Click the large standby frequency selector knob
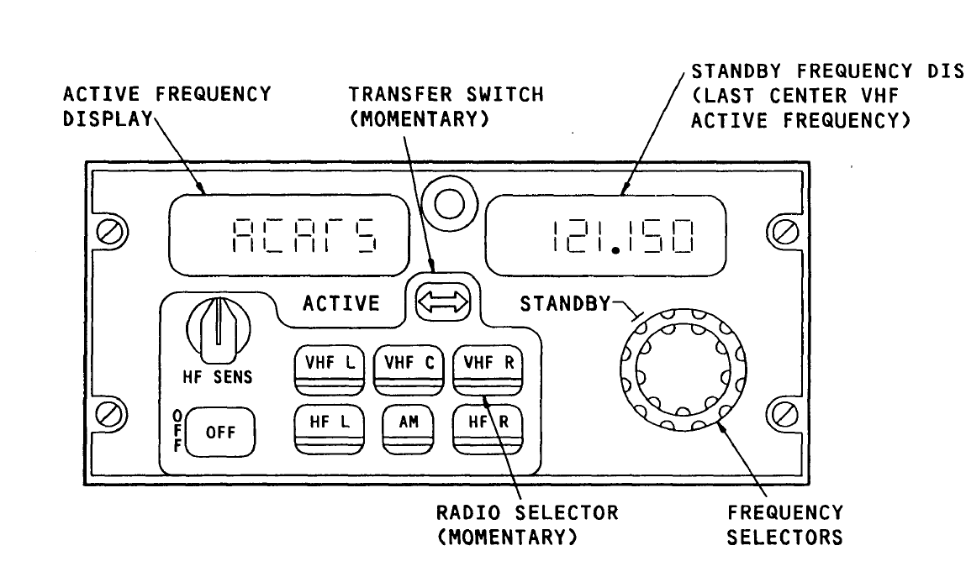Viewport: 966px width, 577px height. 683,370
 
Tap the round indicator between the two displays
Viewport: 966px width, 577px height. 447,202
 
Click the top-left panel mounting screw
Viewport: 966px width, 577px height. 107,232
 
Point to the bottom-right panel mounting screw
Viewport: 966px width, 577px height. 785,413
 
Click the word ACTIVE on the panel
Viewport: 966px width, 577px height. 341,303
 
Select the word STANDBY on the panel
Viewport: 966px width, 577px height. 563,302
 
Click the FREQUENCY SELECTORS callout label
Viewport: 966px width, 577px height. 784,525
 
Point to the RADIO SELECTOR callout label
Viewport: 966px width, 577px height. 526,525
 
